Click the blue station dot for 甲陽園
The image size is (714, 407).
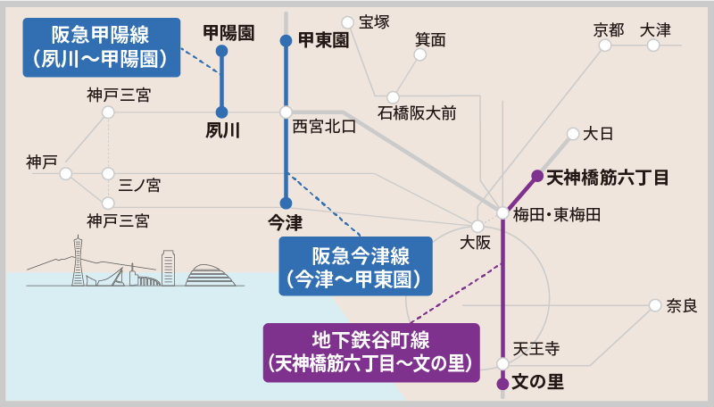(x=221, y=51)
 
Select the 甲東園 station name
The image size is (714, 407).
(x=322, y=40)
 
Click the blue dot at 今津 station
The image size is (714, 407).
(x=286, y=203)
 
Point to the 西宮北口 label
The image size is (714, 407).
(x=325, y=127)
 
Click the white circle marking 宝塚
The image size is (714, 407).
(x=347, y=21)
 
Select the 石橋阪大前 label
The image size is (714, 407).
(x=417, y=113)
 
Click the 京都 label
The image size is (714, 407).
(x=610, y=29)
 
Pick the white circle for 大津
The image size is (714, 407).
(x=653, y=46)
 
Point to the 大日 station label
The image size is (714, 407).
(x=598, y=135)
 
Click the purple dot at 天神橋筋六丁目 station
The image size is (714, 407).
(x=537, y=176)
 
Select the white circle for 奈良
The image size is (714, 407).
(x=656, y=306)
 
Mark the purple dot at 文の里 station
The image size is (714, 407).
(x=502, y=383)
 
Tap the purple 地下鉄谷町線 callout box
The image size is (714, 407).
(x=371, y=352)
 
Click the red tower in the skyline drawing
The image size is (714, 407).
(x=78, y=260)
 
